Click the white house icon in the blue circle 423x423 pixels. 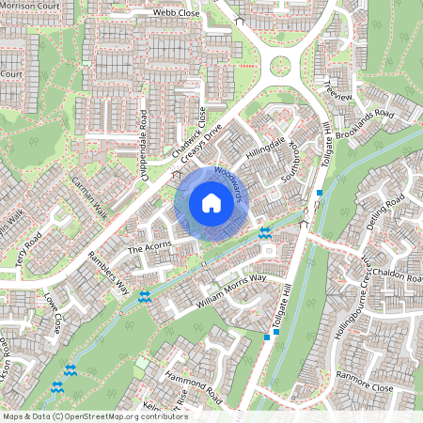tap(211, 203)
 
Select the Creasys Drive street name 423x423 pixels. tap(200, 140)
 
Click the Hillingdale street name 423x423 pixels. tap(264, 151)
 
